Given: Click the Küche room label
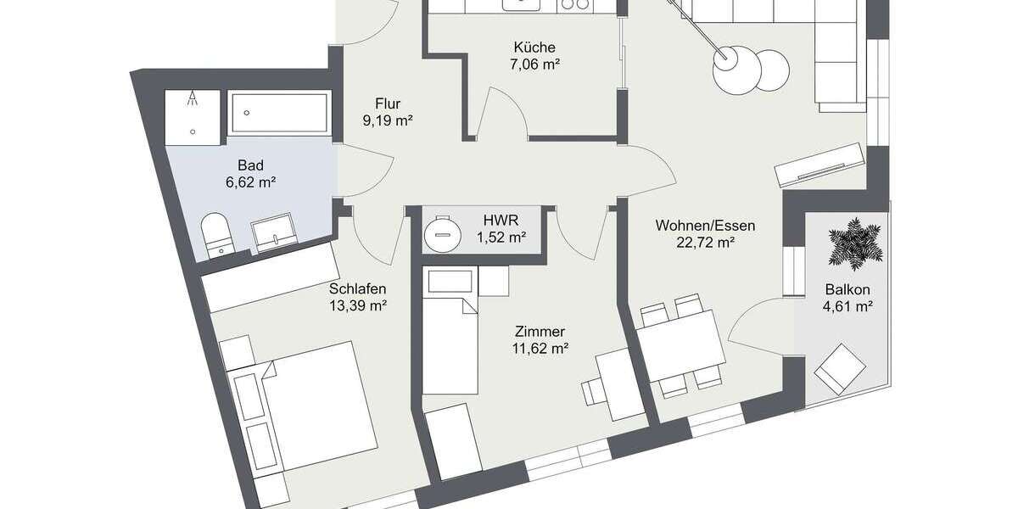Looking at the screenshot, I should [534, 48].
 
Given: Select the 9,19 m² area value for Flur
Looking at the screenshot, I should [387, 121].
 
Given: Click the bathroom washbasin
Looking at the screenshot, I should [272, 232].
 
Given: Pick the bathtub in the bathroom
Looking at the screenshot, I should [279, 112].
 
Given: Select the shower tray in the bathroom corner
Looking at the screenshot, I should [195, 112].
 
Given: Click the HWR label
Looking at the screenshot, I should [500, 221].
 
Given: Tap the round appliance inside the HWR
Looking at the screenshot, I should [441, 230].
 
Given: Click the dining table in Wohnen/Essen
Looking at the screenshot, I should [679, 347].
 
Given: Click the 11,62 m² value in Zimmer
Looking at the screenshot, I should [540, 348].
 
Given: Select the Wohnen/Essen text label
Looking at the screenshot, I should [705, 226].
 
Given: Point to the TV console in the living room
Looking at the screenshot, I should [820, 165].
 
